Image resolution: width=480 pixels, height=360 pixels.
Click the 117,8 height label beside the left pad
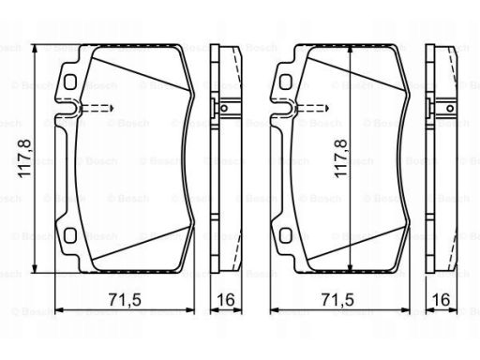point(24,158)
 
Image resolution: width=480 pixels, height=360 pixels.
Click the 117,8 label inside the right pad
point(340,158)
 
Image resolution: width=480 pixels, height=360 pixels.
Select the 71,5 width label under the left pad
point(125,300)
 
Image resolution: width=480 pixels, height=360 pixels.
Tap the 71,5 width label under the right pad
point(337,300)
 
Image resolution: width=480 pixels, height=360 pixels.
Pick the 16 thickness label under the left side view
point(226,300)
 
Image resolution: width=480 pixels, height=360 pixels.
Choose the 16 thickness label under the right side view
point(441,300)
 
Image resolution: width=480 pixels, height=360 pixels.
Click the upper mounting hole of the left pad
point(70,82)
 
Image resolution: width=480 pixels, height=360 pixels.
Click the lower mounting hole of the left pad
point(70,235)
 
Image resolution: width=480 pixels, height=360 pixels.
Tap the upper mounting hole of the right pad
point(285,82)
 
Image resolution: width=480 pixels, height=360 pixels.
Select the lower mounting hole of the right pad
point(285,235)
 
